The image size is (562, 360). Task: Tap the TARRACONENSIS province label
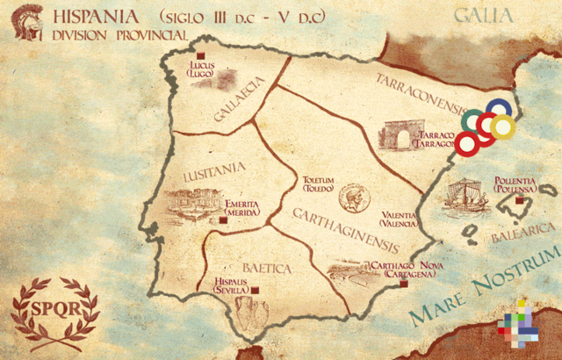419,93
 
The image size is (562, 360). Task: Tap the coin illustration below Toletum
353,197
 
